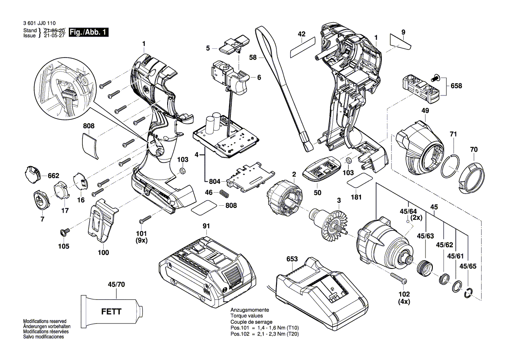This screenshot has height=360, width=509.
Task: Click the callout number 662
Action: [53, 176]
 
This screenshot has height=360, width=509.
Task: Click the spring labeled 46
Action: [224, 194]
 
